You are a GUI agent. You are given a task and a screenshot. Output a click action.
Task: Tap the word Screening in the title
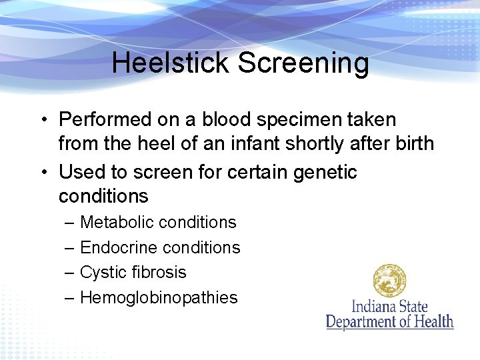(x=303, y=63)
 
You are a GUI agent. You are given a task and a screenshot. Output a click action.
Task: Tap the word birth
(x=412, y=143)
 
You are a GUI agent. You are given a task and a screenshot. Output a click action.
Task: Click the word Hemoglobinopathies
(x=159, y=297)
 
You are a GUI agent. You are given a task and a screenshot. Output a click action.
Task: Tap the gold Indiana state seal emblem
(x=390, y=281)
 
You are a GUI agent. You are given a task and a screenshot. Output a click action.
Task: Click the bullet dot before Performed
(x=42, y=121)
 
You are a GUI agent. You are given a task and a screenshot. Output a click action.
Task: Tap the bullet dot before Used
(x=42, y=173)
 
